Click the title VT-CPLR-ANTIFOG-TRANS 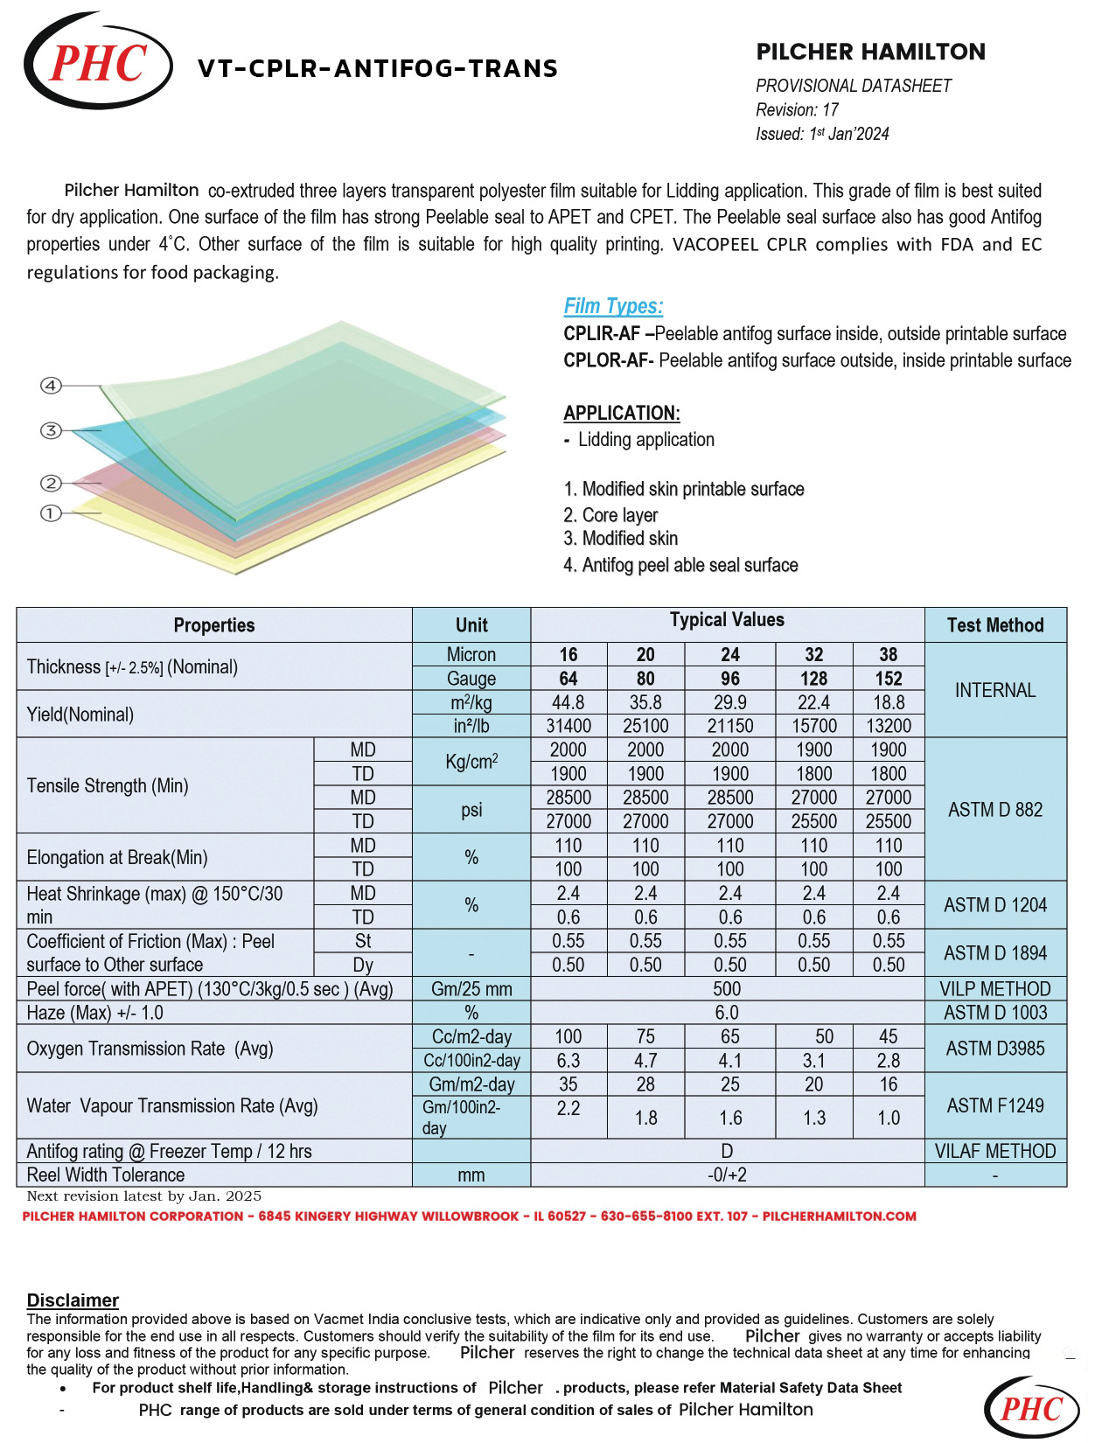pos(378,68)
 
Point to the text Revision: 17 pos(797,110)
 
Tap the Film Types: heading pos(613,306)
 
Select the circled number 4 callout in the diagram pos(51,386)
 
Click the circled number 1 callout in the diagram pos(51,513)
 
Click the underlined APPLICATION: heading pos(621,414)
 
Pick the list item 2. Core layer pos(610,515)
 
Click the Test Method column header pos(995,625)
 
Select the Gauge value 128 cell pos(813,679)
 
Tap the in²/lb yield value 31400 pos(568,726)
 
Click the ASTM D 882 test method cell pos(995,810)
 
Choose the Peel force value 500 pos(727,989)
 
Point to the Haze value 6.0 pos(727,1013)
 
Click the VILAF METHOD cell pos(995,1151)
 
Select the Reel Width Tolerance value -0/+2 pos(727,1175)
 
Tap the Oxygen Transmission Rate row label pos(150,1049)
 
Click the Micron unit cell pos(471,655)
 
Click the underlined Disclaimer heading pos(73,1300)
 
